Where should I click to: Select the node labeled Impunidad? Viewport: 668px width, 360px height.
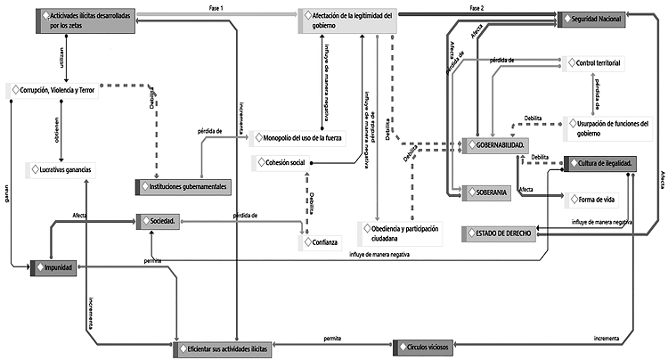59,266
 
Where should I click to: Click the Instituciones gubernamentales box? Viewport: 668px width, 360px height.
184,186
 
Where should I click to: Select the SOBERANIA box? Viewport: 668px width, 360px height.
485,192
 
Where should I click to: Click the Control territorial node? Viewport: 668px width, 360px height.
599,63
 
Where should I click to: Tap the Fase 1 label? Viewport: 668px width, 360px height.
216,8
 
